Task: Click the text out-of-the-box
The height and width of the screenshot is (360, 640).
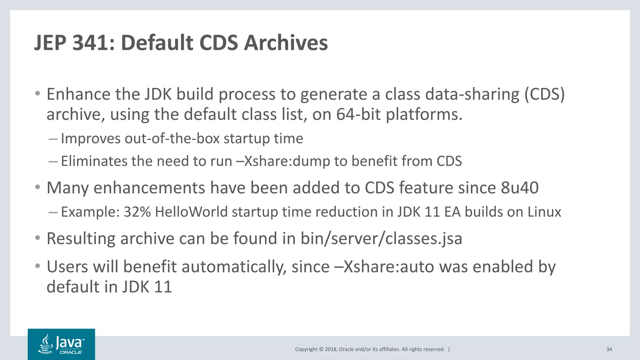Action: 172,138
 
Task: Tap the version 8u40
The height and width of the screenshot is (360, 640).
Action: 520,188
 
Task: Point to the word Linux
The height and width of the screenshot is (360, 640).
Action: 544,212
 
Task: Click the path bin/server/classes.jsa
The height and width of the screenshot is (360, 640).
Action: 381,238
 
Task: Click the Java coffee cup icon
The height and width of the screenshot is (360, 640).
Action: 46,344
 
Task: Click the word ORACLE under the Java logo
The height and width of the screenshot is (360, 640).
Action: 71,352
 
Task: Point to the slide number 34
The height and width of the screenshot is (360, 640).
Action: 609,349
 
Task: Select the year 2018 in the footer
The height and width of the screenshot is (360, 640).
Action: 331,349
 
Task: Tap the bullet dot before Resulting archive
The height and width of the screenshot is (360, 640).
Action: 38,238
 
